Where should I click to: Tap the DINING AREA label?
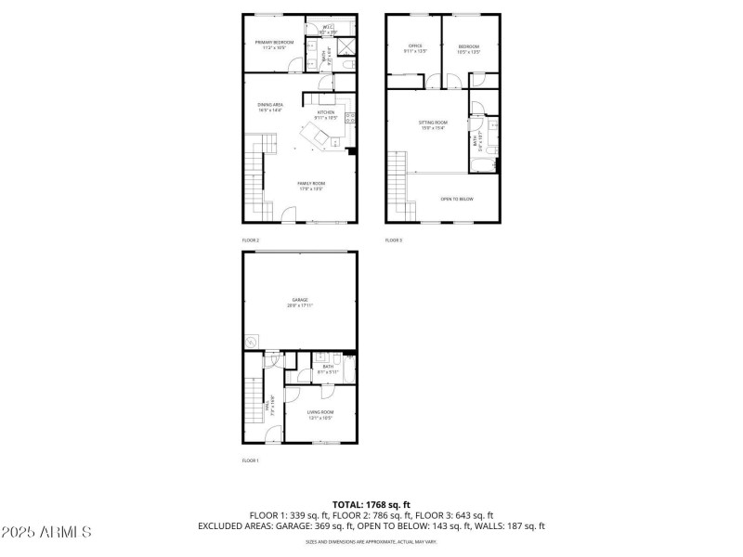(270, 107)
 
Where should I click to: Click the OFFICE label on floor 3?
(415, 47)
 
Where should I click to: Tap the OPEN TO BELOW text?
(457, 199)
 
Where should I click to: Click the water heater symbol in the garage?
(251, 343)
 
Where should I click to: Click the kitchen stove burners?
(351, 117)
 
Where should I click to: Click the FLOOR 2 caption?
(251, 240)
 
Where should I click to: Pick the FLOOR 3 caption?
(394, 240)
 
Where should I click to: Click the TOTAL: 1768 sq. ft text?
(371, 503)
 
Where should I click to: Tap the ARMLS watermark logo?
(46, 533)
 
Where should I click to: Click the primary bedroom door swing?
(295, 65)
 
